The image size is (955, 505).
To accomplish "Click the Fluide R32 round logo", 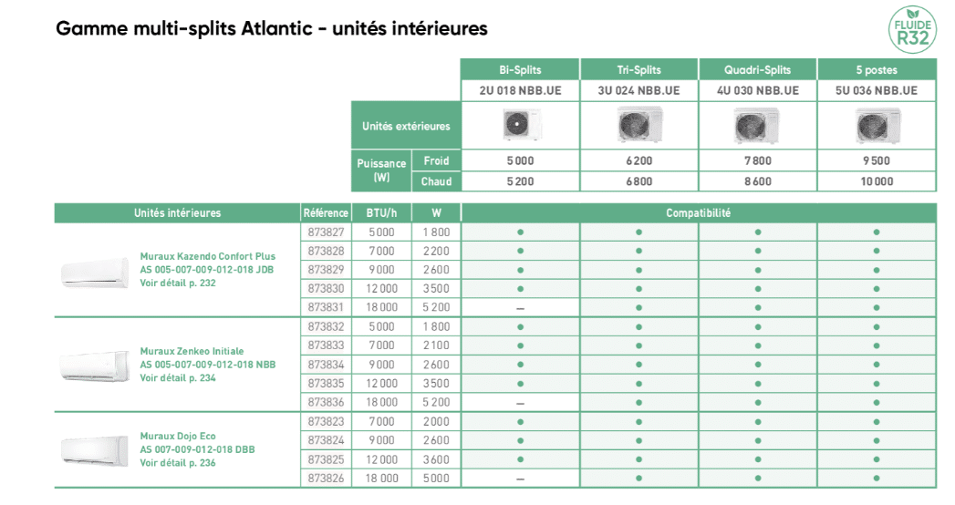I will (911, 29).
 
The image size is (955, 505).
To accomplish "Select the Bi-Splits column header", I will (520, 70).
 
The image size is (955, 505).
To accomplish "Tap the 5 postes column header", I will (876, 70).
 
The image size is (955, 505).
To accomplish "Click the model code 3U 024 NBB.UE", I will (638, 90).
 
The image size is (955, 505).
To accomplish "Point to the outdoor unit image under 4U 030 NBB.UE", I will (757, 125).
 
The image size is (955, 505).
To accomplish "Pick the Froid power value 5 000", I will (520, 160).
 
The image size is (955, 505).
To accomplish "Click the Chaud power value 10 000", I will (876, 181).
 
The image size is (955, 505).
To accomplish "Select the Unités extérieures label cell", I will (406, 126).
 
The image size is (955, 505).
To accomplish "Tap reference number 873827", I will (326, 232).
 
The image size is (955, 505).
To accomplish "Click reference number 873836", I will (326, 402).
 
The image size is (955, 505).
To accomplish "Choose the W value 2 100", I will (436, 345).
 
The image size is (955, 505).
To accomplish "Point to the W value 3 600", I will (436, 459).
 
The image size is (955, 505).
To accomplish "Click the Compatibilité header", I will (698, 213).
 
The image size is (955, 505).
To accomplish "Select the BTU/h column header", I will (381, 213).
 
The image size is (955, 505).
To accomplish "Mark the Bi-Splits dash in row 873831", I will (520, 308).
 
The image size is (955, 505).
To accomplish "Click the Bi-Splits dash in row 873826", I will (520, 479).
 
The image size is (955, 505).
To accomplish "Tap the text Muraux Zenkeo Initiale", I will (192, 351).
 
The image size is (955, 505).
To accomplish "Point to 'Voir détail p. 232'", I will (178, 283).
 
